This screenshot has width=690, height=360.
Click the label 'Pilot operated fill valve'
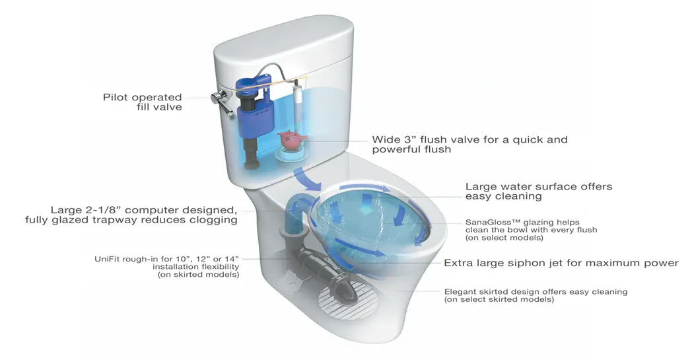(142, 102)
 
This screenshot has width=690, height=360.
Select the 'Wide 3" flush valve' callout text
(469, 145)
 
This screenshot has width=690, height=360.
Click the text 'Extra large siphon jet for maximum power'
(561, 263)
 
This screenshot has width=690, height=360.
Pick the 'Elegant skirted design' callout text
(535, 295)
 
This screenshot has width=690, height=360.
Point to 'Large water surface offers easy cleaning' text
(539, 192)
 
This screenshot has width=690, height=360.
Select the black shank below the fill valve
(252, 150)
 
